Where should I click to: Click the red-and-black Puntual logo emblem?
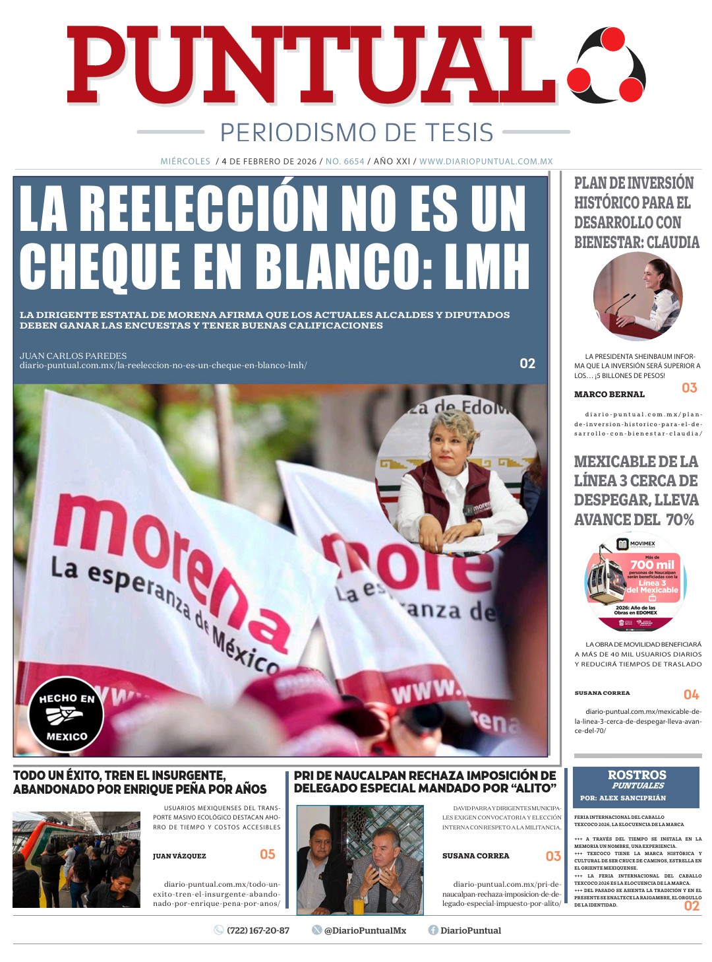(x=607, y=65)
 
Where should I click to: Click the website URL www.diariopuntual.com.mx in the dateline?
(x=486, y=162)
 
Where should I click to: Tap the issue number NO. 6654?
(x=345, y=162)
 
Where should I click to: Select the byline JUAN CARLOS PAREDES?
(x=73, y=356)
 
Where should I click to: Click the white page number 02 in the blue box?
(x=527, y=364)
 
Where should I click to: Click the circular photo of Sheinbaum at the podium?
(x=638, y=296)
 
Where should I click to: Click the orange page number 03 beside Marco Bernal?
(x=689, y=388)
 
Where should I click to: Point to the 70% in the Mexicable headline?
(x=680, y=520)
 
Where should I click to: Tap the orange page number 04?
(x=691, y=695)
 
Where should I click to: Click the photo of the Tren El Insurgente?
(x=76, y=859)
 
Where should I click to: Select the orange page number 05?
(x=267, y=854)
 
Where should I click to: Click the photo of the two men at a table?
(x=360, y=859)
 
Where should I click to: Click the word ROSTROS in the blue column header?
(x=637, y=775)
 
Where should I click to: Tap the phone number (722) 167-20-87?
(x=258, y=930)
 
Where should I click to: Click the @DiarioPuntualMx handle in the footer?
(x=365, y=930)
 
